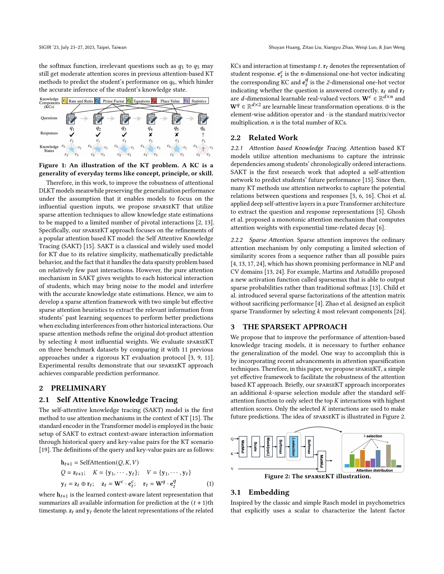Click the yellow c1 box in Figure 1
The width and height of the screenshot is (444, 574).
65,101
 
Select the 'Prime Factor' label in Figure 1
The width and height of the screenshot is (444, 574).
113,101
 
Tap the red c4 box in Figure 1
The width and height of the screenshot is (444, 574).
154,101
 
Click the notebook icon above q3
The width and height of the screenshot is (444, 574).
125,118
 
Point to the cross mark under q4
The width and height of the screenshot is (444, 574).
150,135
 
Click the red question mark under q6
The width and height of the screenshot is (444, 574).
203,135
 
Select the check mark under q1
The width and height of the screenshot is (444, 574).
72,135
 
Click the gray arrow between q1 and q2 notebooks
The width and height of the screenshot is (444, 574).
84,118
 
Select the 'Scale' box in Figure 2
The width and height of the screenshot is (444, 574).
255,446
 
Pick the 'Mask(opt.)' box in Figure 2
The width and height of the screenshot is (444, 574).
268,446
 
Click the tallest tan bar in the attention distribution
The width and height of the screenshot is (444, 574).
388,456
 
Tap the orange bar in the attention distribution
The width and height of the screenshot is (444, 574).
363,458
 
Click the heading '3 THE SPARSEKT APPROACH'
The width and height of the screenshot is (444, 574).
289,327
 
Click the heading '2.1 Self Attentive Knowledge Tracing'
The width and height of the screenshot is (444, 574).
108,400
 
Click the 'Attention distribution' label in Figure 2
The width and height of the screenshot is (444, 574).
374,470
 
